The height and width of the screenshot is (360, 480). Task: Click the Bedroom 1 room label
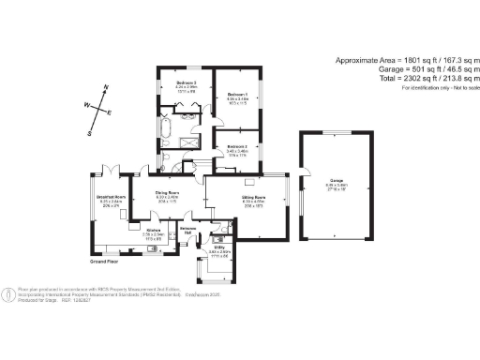click(236, 95)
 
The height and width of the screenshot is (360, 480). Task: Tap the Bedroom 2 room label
click(236, 147)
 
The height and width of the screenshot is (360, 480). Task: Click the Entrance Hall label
click(188, 230)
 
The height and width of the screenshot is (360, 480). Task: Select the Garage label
click(336, 181)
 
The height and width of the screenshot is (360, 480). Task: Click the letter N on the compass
click(106, 87)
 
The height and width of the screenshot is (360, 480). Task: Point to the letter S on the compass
click(90, 133)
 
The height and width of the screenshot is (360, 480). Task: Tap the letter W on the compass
click(87, 106)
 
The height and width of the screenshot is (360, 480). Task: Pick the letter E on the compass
click(111, 112)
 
